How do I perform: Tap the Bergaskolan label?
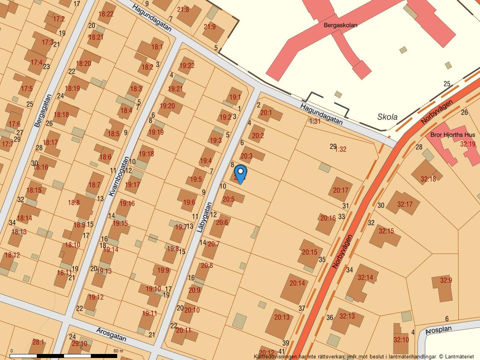340,25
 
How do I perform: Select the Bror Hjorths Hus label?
452,135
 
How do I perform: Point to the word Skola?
388,117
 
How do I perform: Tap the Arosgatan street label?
111,334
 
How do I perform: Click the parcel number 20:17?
341,190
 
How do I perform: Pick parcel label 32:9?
446,280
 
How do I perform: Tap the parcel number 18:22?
106,14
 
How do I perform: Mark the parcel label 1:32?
341,149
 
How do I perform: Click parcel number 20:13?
282,317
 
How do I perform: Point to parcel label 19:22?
187,66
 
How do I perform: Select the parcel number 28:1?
38,342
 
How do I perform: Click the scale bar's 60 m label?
118,351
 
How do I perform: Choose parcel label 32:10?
401,340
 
